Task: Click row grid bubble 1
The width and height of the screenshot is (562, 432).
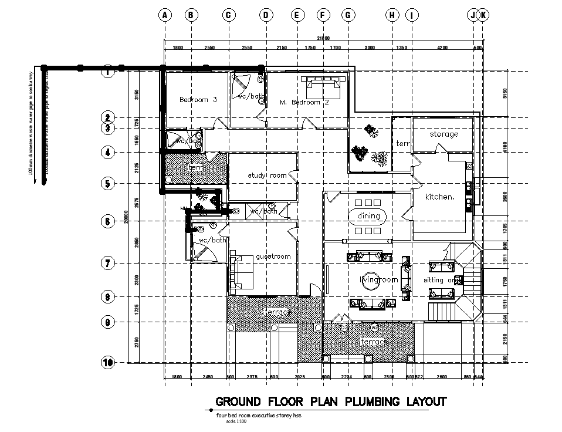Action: click(x=107, y=73)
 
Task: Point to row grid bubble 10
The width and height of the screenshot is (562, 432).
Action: click(x=107, y=362)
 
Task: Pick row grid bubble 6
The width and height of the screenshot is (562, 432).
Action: click(x=107, y=221)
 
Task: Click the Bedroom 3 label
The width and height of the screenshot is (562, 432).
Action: click(x=198, y=100)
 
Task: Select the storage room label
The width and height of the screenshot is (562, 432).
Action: click(x=443, y=134)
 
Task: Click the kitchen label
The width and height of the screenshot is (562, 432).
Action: click(x=440, y=197)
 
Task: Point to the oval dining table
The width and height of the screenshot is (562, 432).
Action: click(x=368, y=217)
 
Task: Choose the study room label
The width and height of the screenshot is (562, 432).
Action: click(x=267, y=176)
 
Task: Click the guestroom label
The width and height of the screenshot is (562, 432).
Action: click(x=273, y=256)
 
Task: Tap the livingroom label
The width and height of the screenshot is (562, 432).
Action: click(x=378, y=280)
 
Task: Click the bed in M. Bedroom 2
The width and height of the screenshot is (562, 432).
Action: click(x=321, y=87)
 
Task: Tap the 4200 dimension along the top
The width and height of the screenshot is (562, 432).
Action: click(x=442, y=47)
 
